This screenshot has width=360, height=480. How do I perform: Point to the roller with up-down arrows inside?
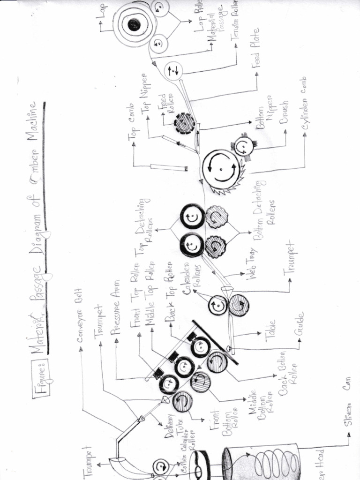pyautogui.click(x=173, y=71)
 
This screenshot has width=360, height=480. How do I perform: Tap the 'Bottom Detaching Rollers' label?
pyautogui.click(x=264, y=211)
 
